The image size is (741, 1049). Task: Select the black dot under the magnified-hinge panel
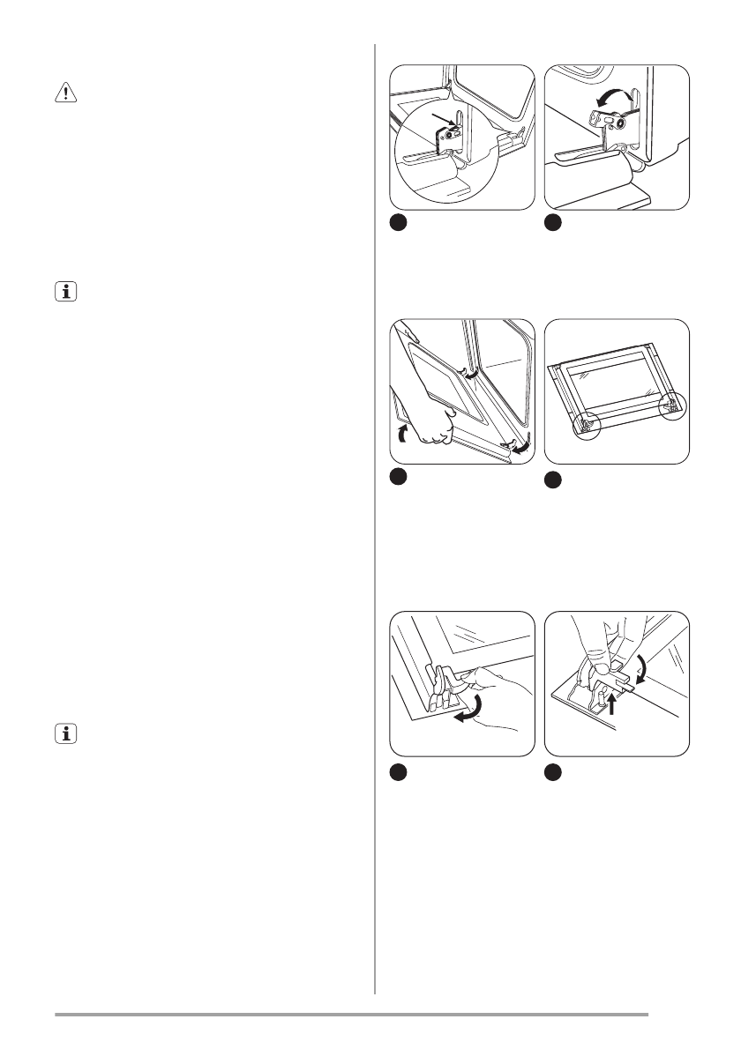pos(398,224)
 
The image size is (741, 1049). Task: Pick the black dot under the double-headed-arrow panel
pos(552,224)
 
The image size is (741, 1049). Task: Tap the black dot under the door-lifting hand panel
pos(398,477)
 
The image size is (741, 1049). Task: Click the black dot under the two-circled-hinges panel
pos(552,480)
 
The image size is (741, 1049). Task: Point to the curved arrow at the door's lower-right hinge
pos(523,445)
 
